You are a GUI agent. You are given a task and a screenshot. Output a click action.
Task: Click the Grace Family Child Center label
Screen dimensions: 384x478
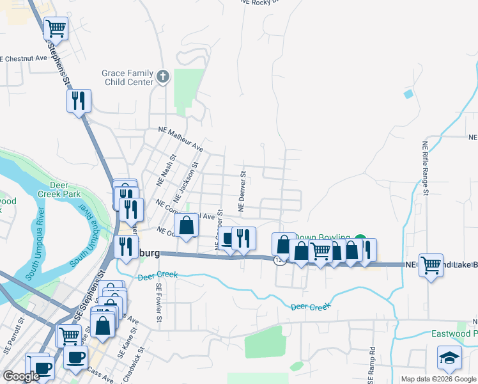pos(128,77)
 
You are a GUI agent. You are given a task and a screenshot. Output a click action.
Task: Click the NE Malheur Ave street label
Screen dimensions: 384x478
pos(181,140)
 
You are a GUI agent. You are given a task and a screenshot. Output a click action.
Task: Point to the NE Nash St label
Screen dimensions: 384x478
pos(169,170)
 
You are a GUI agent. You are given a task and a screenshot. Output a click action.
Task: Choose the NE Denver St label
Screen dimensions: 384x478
pos(242,191)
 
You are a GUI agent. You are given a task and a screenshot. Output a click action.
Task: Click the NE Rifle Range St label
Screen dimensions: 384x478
pos(425,165)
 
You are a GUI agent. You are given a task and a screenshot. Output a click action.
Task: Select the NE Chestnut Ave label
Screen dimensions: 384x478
pos(24,58)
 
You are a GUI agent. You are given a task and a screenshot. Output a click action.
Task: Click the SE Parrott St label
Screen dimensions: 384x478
pos(22,335)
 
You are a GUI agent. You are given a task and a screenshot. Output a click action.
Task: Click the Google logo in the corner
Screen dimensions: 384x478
pos(21,377)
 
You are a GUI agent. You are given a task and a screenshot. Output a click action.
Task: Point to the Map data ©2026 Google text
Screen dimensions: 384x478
pos(438,379)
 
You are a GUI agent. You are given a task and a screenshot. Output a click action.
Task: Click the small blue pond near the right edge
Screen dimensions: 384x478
pos(408,94)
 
